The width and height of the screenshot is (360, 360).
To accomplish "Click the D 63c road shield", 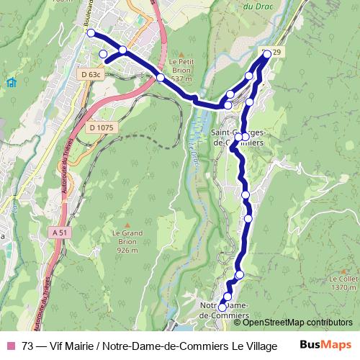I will pos(90,73).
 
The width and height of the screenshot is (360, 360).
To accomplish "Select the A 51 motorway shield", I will pos(61,233).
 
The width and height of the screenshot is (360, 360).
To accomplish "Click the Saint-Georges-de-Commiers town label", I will pos(240,137).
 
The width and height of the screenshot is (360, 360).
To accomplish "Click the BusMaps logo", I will pos(325,346).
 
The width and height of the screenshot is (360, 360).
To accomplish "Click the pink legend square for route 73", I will pos(9,346).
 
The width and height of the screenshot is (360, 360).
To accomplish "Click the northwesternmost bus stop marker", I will pos(91,33).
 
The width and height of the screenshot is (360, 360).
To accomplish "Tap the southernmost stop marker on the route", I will pos(222,307).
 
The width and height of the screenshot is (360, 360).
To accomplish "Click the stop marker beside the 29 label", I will pos(266,54).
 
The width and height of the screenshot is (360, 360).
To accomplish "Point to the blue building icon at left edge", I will pos(11,82).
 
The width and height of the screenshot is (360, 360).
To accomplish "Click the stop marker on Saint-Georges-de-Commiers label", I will pos(245,137).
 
